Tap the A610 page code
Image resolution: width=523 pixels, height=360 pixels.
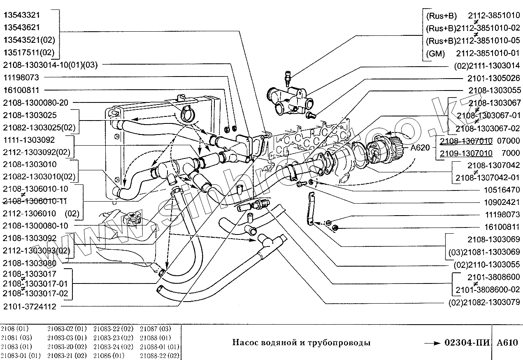tap(507, 343)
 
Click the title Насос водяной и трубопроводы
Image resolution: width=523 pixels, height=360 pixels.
tap(301, 343)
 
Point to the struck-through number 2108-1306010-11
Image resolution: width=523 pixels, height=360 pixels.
tap(35, 201)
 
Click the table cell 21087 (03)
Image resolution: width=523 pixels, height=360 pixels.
tap(155, 329)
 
